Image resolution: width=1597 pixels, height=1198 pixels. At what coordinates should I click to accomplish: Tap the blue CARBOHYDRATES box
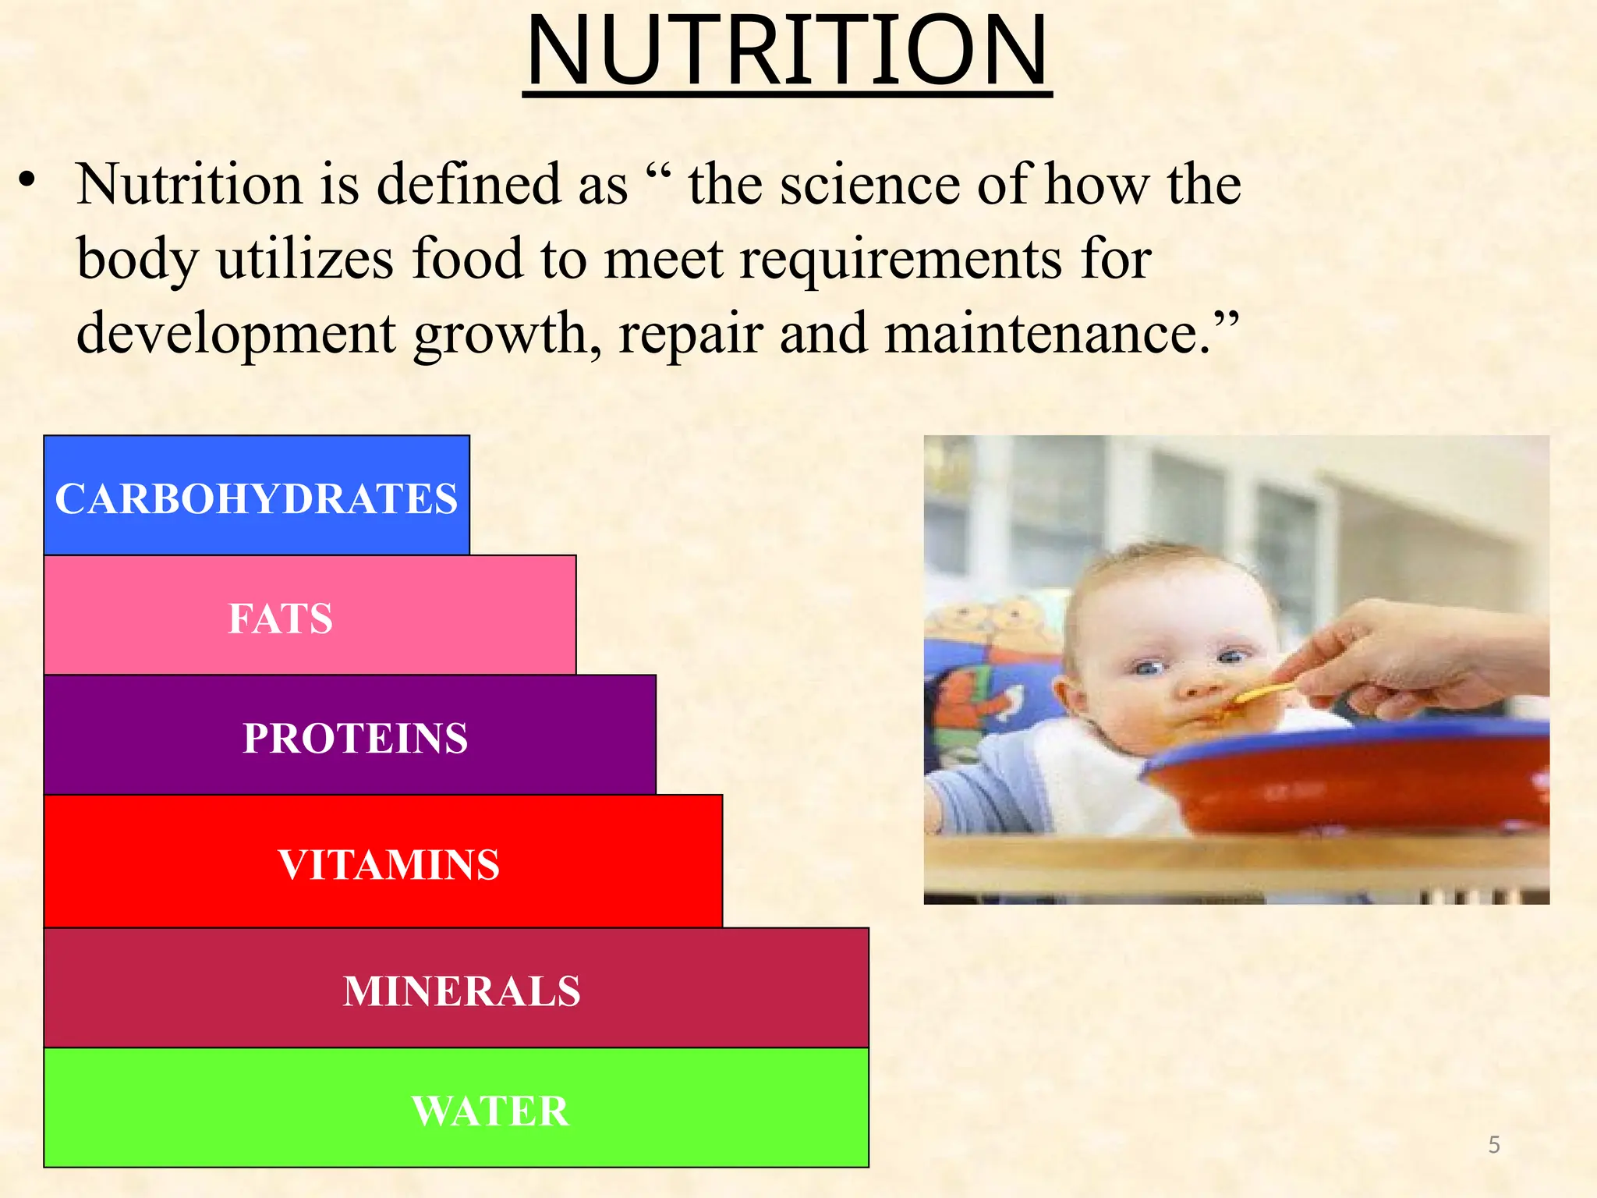[x=257, y=496]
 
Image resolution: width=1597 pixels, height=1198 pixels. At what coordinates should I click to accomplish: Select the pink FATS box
[x=310, y=615]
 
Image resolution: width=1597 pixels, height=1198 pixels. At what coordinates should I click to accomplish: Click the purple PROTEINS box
[x=350, y=735]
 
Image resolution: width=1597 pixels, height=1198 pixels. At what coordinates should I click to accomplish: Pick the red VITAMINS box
[x=383, y=862]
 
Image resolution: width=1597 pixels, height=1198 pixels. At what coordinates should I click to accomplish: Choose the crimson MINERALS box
[x=456, y=988]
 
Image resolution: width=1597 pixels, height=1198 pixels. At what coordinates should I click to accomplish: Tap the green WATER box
[x=456, y=1108]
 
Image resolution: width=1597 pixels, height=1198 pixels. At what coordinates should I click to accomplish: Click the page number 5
[x=1494, y=1145]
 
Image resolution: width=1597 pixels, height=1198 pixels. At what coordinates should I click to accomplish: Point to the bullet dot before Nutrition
[x=28, y=181]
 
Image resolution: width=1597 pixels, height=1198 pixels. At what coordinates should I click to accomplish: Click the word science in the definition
[x=870, y=185]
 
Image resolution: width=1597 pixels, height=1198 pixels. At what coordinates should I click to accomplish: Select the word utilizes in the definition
[x=305, y=259]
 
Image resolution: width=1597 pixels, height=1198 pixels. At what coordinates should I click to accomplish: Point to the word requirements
[x=901, y=261]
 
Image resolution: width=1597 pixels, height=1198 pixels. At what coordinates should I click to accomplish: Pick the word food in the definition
[x=467, y=259]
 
